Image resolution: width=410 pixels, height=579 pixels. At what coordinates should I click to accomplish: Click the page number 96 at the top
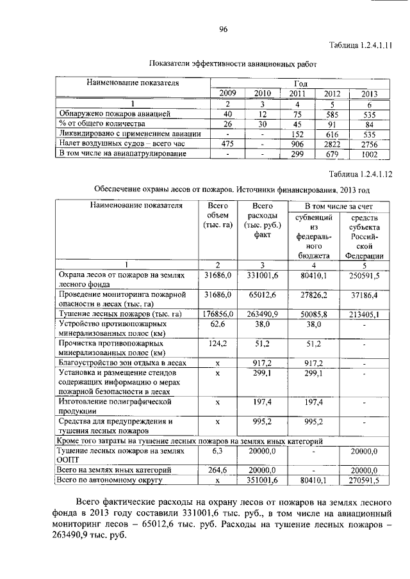click(224, 28)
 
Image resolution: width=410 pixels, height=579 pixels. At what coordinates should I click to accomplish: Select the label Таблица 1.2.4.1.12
click(360, 174)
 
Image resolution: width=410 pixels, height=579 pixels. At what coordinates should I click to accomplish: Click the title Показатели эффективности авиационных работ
click(233, 65)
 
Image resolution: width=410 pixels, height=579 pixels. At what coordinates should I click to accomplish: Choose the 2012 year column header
click(332, 93)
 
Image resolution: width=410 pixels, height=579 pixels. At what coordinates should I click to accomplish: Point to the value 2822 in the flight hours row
click(332, 144)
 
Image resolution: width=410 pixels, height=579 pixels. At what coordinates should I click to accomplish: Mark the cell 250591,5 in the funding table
click(365, 276)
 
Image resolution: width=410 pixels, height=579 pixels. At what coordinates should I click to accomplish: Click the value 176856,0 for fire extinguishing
click(217, 314)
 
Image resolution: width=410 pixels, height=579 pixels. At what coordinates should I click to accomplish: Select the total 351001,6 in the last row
click(263, 479)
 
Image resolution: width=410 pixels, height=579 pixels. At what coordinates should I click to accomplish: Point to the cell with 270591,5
click(365, 479)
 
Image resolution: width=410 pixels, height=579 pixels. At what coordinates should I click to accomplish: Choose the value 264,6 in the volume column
click(217, 469)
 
